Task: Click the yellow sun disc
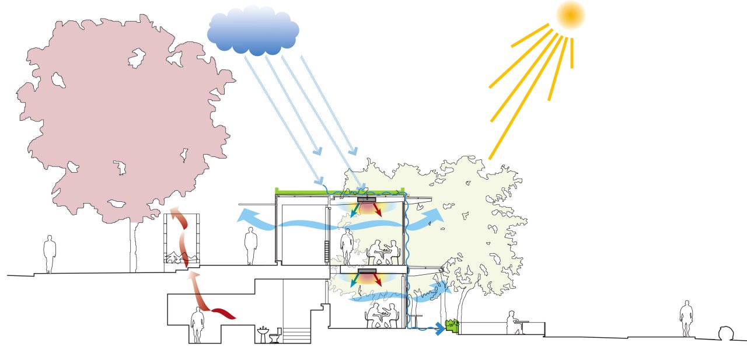click(x=570, y=15)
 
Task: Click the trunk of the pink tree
click(x=133, y=245)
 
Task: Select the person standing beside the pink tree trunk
click(x=50, y=253)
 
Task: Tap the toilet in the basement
click(x=275, y=335)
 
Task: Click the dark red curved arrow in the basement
click(x=222, y=313)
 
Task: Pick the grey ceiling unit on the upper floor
click(x=367, y=200)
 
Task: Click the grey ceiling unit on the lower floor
click(x=367, y=271)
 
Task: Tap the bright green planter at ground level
click(x=451, y=324)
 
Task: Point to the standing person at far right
click(x=687, y=318)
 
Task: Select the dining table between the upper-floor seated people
click(x=385, y=252)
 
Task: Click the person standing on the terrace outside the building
click(x=251, y=246)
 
